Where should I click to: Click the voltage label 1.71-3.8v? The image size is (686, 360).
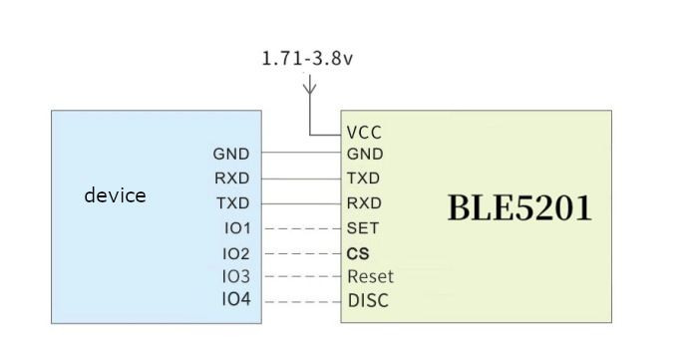click(x=307, y=58)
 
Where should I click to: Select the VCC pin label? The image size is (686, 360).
click(x=364, y=132)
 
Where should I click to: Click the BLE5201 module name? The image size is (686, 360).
click(x=518, y=208)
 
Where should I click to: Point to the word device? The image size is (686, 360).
click(x=115, y=195)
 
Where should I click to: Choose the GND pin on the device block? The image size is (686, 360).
click(x=230, y=155)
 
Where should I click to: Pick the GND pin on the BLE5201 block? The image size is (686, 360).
click(x=364, y=155)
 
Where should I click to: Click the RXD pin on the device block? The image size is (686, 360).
click(x=231, y=180)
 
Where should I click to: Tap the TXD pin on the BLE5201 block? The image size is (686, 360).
click(x=363, y=180)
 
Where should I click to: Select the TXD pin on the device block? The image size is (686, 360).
click(x=231, y=203)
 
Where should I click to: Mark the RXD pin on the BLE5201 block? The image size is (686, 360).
click(x=364, y=203)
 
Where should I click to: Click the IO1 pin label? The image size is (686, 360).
click(x=237, y=228)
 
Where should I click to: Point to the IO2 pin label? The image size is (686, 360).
click(x=237, y=253)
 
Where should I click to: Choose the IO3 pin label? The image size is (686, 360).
click(x=237, y=276)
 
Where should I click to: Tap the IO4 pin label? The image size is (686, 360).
click(x=237, y=300)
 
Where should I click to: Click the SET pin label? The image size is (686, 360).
click(x=363, y=228)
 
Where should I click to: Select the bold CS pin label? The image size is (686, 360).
click(x=358, y=253)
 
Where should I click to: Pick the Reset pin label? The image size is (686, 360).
click(x=370, y=276)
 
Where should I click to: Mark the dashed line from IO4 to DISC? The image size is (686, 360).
click(x=301, y=301)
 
